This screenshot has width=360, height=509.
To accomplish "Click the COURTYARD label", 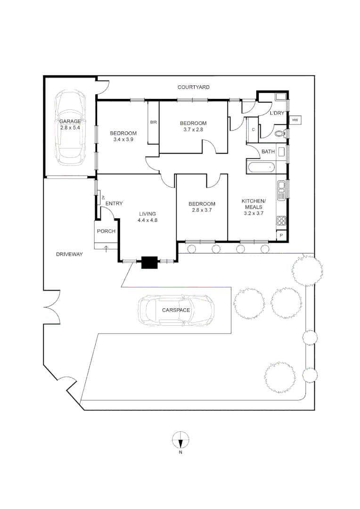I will click(x=193, y=87).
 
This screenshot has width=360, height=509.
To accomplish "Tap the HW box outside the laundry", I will click(x=295, y=121).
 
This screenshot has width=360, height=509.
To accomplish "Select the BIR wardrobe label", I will click(x=153, y=123).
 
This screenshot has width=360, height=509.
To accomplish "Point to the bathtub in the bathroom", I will click(x=260, y=167).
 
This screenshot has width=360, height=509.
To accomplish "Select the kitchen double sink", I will click(x=281, y=190).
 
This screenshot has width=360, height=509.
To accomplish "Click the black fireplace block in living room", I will click(x=150, y=262).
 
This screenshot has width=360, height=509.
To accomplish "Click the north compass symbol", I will click(x=180, y=440).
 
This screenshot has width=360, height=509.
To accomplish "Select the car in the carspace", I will click(x=176, y=310).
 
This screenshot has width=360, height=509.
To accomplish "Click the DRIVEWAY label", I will click(x=69, y=254).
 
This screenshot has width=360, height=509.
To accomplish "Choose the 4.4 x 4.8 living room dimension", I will click(x=147, y=220).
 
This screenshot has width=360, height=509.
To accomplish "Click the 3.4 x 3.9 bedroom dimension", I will click(x=124, y=140).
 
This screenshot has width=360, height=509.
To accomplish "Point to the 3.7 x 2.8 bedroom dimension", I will click(x=193, y=130).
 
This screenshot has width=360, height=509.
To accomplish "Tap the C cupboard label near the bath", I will click(x=253, y=130).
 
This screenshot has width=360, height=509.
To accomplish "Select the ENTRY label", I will click(x=114, y=204).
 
